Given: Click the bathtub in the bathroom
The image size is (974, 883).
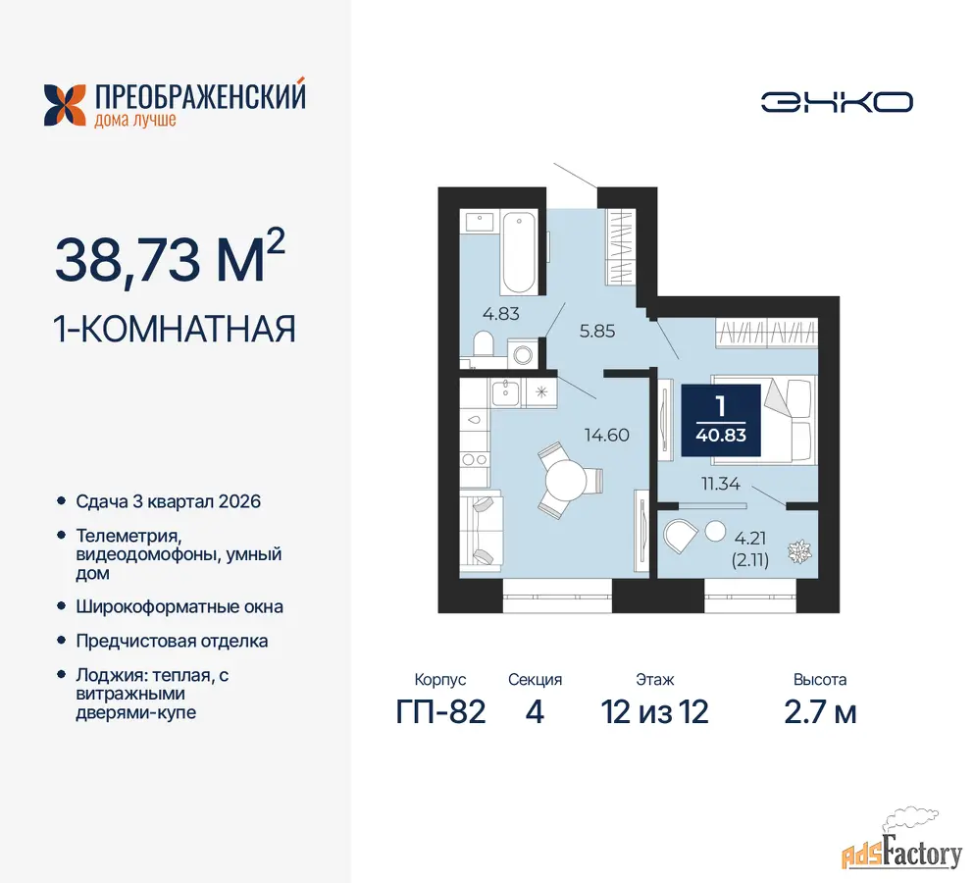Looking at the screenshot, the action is coord(519,252).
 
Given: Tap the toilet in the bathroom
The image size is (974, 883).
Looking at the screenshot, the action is coord(483,343).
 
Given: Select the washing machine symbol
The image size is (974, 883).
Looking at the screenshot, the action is coord(523,354).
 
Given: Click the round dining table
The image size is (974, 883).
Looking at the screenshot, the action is coord(565,481).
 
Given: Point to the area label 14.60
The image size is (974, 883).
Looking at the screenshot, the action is coord(607,435).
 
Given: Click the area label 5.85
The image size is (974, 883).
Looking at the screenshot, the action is coord(597,332).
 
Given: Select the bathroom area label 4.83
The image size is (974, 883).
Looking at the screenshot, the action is coord(500,314).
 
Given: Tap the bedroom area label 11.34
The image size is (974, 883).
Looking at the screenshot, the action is coord(721,484).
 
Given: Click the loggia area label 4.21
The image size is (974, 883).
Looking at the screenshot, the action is coord(750,538).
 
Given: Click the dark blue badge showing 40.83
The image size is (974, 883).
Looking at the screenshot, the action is coord(721,421).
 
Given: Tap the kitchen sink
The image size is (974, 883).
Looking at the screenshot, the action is coord(505,392).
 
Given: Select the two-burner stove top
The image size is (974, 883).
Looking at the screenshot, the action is coord(475,459).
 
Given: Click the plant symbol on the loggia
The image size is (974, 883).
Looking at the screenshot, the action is coord(798,551).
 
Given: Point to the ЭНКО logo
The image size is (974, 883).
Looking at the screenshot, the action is coord(837,103).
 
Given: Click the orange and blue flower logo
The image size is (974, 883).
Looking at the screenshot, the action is coord(65,105).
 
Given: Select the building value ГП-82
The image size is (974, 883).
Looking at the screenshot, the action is coord(440,712).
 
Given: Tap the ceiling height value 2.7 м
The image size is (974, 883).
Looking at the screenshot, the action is coord(820,712).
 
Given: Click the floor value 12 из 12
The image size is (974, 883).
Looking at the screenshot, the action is coord(654,712).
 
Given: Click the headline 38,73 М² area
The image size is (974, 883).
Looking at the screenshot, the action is coord(170,258).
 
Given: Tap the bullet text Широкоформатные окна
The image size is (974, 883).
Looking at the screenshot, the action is coord(179,607).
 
